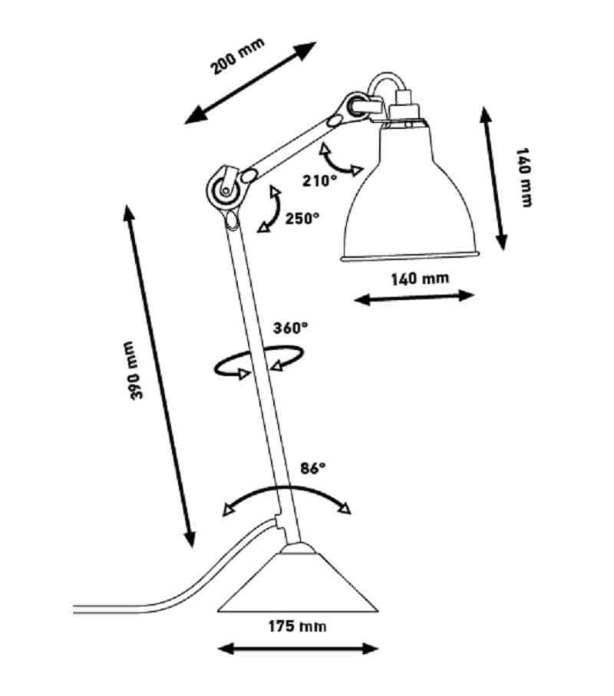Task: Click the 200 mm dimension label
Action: [x=237, y=56]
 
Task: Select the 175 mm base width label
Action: [x=297, y=626]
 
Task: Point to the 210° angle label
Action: [x=319, y=180]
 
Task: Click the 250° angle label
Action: [x=302, y=219]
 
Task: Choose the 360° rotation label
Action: [x=290, y=328]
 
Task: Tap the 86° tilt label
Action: [x=313, y=468]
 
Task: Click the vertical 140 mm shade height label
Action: [x=524, y=177]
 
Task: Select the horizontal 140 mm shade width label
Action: [x=420, y=279]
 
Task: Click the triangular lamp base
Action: [x=298, y=582]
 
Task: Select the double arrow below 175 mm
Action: [x=298, y=648]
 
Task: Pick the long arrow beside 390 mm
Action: [x=159, y=376]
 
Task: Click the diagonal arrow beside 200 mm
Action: [x=250, y=83]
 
